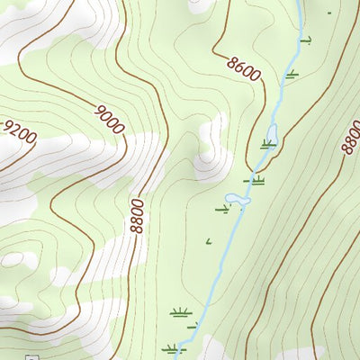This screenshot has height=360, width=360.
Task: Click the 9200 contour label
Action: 20,133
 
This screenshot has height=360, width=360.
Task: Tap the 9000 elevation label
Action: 109,120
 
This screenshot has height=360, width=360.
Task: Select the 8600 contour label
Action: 244,68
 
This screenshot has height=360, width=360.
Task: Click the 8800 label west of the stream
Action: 137,216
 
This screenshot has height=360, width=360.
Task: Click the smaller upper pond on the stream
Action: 272,135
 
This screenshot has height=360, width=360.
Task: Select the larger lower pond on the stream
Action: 235,199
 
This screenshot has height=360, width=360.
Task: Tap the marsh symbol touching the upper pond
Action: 267,143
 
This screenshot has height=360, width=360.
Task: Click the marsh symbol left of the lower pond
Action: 222,210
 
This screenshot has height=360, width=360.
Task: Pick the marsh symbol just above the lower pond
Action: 256,180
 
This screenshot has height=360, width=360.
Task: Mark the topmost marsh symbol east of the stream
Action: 306,40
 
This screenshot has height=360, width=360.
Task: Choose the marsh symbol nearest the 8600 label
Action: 292,73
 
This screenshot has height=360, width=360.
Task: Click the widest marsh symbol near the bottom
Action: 180,312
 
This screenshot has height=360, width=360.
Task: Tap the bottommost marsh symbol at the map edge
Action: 171,348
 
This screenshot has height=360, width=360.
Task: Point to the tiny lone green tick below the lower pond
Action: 209,240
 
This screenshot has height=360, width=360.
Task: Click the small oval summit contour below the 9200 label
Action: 13,259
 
